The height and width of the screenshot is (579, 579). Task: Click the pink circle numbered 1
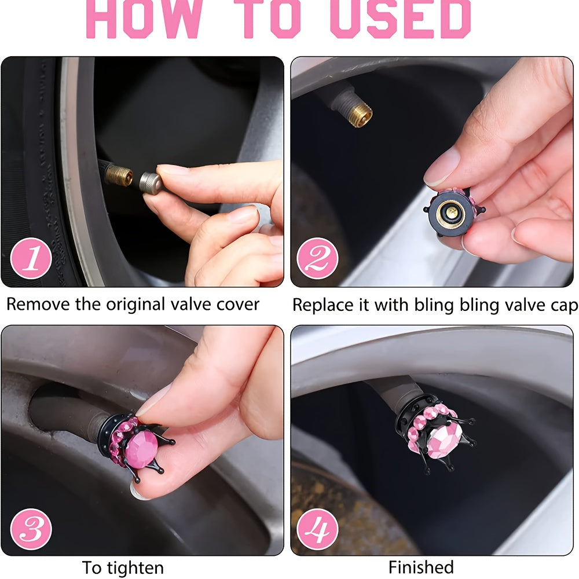(31, 258)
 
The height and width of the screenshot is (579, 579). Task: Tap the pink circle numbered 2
(317, 258)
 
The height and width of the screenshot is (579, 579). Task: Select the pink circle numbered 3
(31, 529)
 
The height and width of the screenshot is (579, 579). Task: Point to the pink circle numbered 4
(317, 529)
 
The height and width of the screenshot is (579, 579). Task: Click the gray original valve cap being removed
(151, 182)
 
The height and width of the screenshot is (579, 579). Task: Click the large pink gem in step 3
(141, 449)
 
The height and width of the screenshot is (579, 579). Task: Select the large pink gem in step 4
(445, 440)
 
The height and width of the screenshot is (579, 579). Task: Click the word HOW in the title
(144, 19)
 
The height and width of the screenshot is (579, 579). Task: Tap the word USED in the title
(401, 19)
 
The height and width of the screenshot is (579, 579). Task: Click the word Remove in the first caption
(38, 305)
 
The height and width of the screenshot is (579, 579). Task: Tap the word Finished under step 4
(421, 567)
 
